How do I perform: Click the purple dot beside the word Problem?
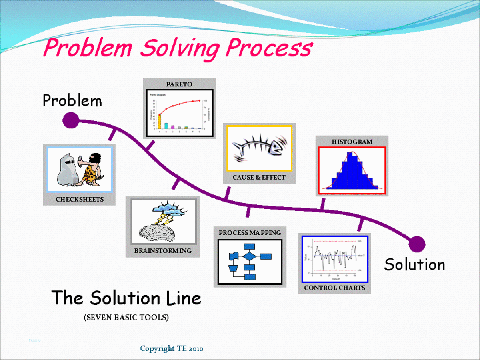71,120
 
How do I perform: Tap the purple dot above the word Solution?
417,244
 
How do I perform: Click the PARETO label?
179,84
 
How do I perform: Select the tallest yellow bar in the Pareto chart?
160,121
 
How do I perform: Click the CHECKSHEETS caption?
80,199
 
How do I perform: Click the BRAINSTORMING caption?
163,251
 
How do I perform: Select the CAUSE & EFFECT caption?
259,177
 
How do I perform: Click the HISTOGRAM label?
352,142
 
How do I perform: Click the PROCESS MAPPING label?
250,233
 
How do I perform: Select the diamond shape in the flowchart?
250,256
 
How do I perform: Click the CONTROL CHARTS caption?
334,288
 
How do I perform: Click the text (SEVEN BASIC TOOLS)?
126,318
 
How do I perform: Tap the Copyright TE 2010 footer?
172,349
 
